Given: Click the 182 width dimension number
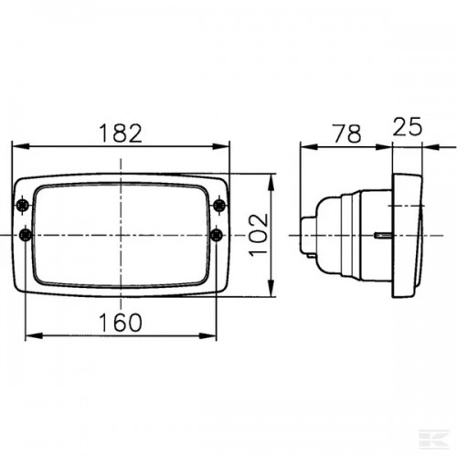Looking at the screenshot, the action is point(121,133).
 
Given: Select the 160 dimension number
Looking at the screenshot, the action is point(121,323).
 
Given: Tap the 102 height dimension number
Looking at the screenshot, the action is point(259,235).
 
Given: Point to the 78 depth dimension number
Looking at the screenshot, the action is point(347,133).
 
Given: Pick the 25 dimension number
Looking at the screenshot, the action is point(408,126).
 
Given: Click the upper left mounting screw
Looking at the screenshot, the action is point(23,206).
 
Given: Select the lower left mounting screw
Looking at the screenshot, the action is point(26,235).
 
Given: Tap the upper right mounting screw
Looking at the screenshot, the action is point(219,205).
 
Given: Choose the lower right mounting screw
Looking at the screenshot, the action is point(217,235).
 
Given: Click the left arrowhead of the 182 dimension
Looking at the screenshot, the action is point(21,146).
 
